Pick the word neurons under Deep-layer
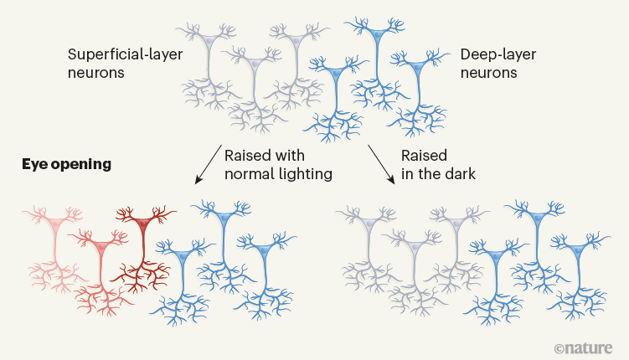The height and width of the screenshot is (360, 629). pyautogui.click(x=488, y=73)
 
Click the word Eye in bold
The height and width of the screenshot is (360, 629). pyautogui.click(x=34, y=164)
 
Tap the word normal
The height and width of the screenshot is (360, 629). pyautogui.click(x=247, y=175)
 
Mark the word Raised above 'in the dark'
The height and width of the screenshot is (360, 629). pyautogui.click(x=425, y=157)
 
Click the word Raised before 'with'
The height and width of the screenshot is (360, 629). pyautogui.click(x=247, y=157)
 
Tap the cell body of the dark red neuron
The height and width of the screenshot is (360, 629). pyautogui.click(x=143, y=223)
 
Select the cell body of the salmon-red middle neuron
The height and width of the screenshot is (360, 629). pyautogui.click(x=101, y=248)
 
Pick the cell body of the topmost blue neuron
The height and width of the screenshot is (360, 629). pyautogui.click(x=378, y=36)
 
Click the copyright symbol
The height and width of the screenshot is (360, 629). pyautogui.click(x=559, y=347)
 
